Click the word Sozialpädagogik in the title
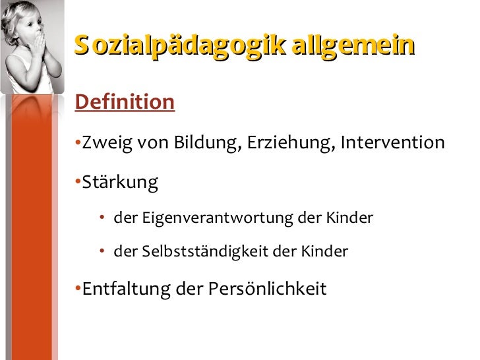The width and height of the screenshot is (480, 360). click(x=179, y=47)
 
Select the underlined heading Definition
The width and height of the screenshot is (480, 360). click(x=125, y=102)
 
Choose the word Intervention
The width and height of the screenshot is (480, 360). click(x=393, y=143)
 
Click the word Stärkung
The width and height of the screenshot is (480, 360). click(x=120, y=183)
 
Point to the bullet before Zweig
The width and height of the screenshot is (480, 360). click(x=78, y=143)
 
